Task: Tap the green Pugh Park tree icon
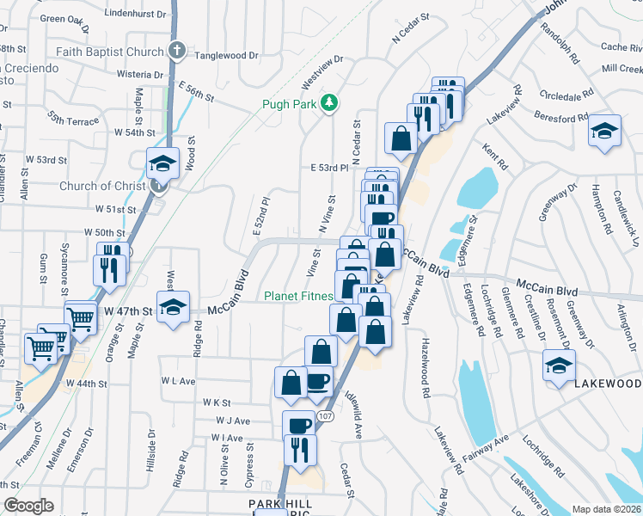point(328,104)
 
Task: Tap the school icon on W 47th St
point(173,307)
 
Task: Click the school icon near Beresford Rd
point(604,131)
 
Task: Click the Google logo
point(28,506)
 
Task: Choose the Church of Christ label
point(102,186)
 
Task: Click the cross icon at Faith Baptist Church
point(177,51)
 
